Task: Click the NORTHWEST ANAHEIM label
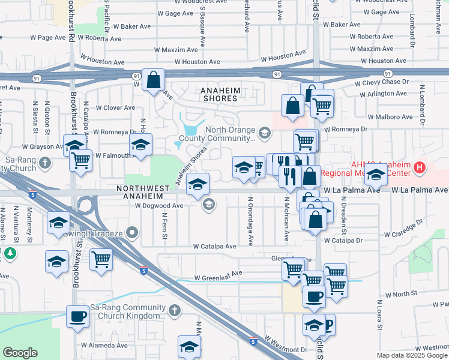pos(139,192)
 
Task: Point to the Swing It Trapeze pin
pos(133,232)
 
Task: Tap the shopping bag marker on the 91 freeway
pos(154,80)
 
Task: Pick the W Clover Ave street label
pos(113,108)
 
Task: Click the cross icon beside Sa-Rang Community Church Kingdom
pos(174,310)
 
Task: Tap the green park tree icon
pos(10,254)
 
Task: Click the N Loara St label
pos(379,316)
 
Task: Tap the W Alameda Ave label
pos(106,346)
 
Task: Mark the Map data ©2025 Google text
pos(412,355)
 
